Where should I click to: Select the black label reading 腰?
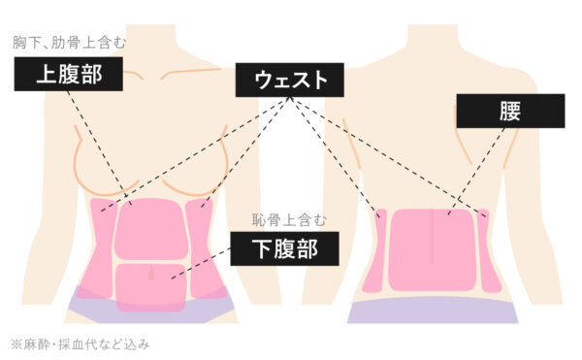(509, 111)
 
